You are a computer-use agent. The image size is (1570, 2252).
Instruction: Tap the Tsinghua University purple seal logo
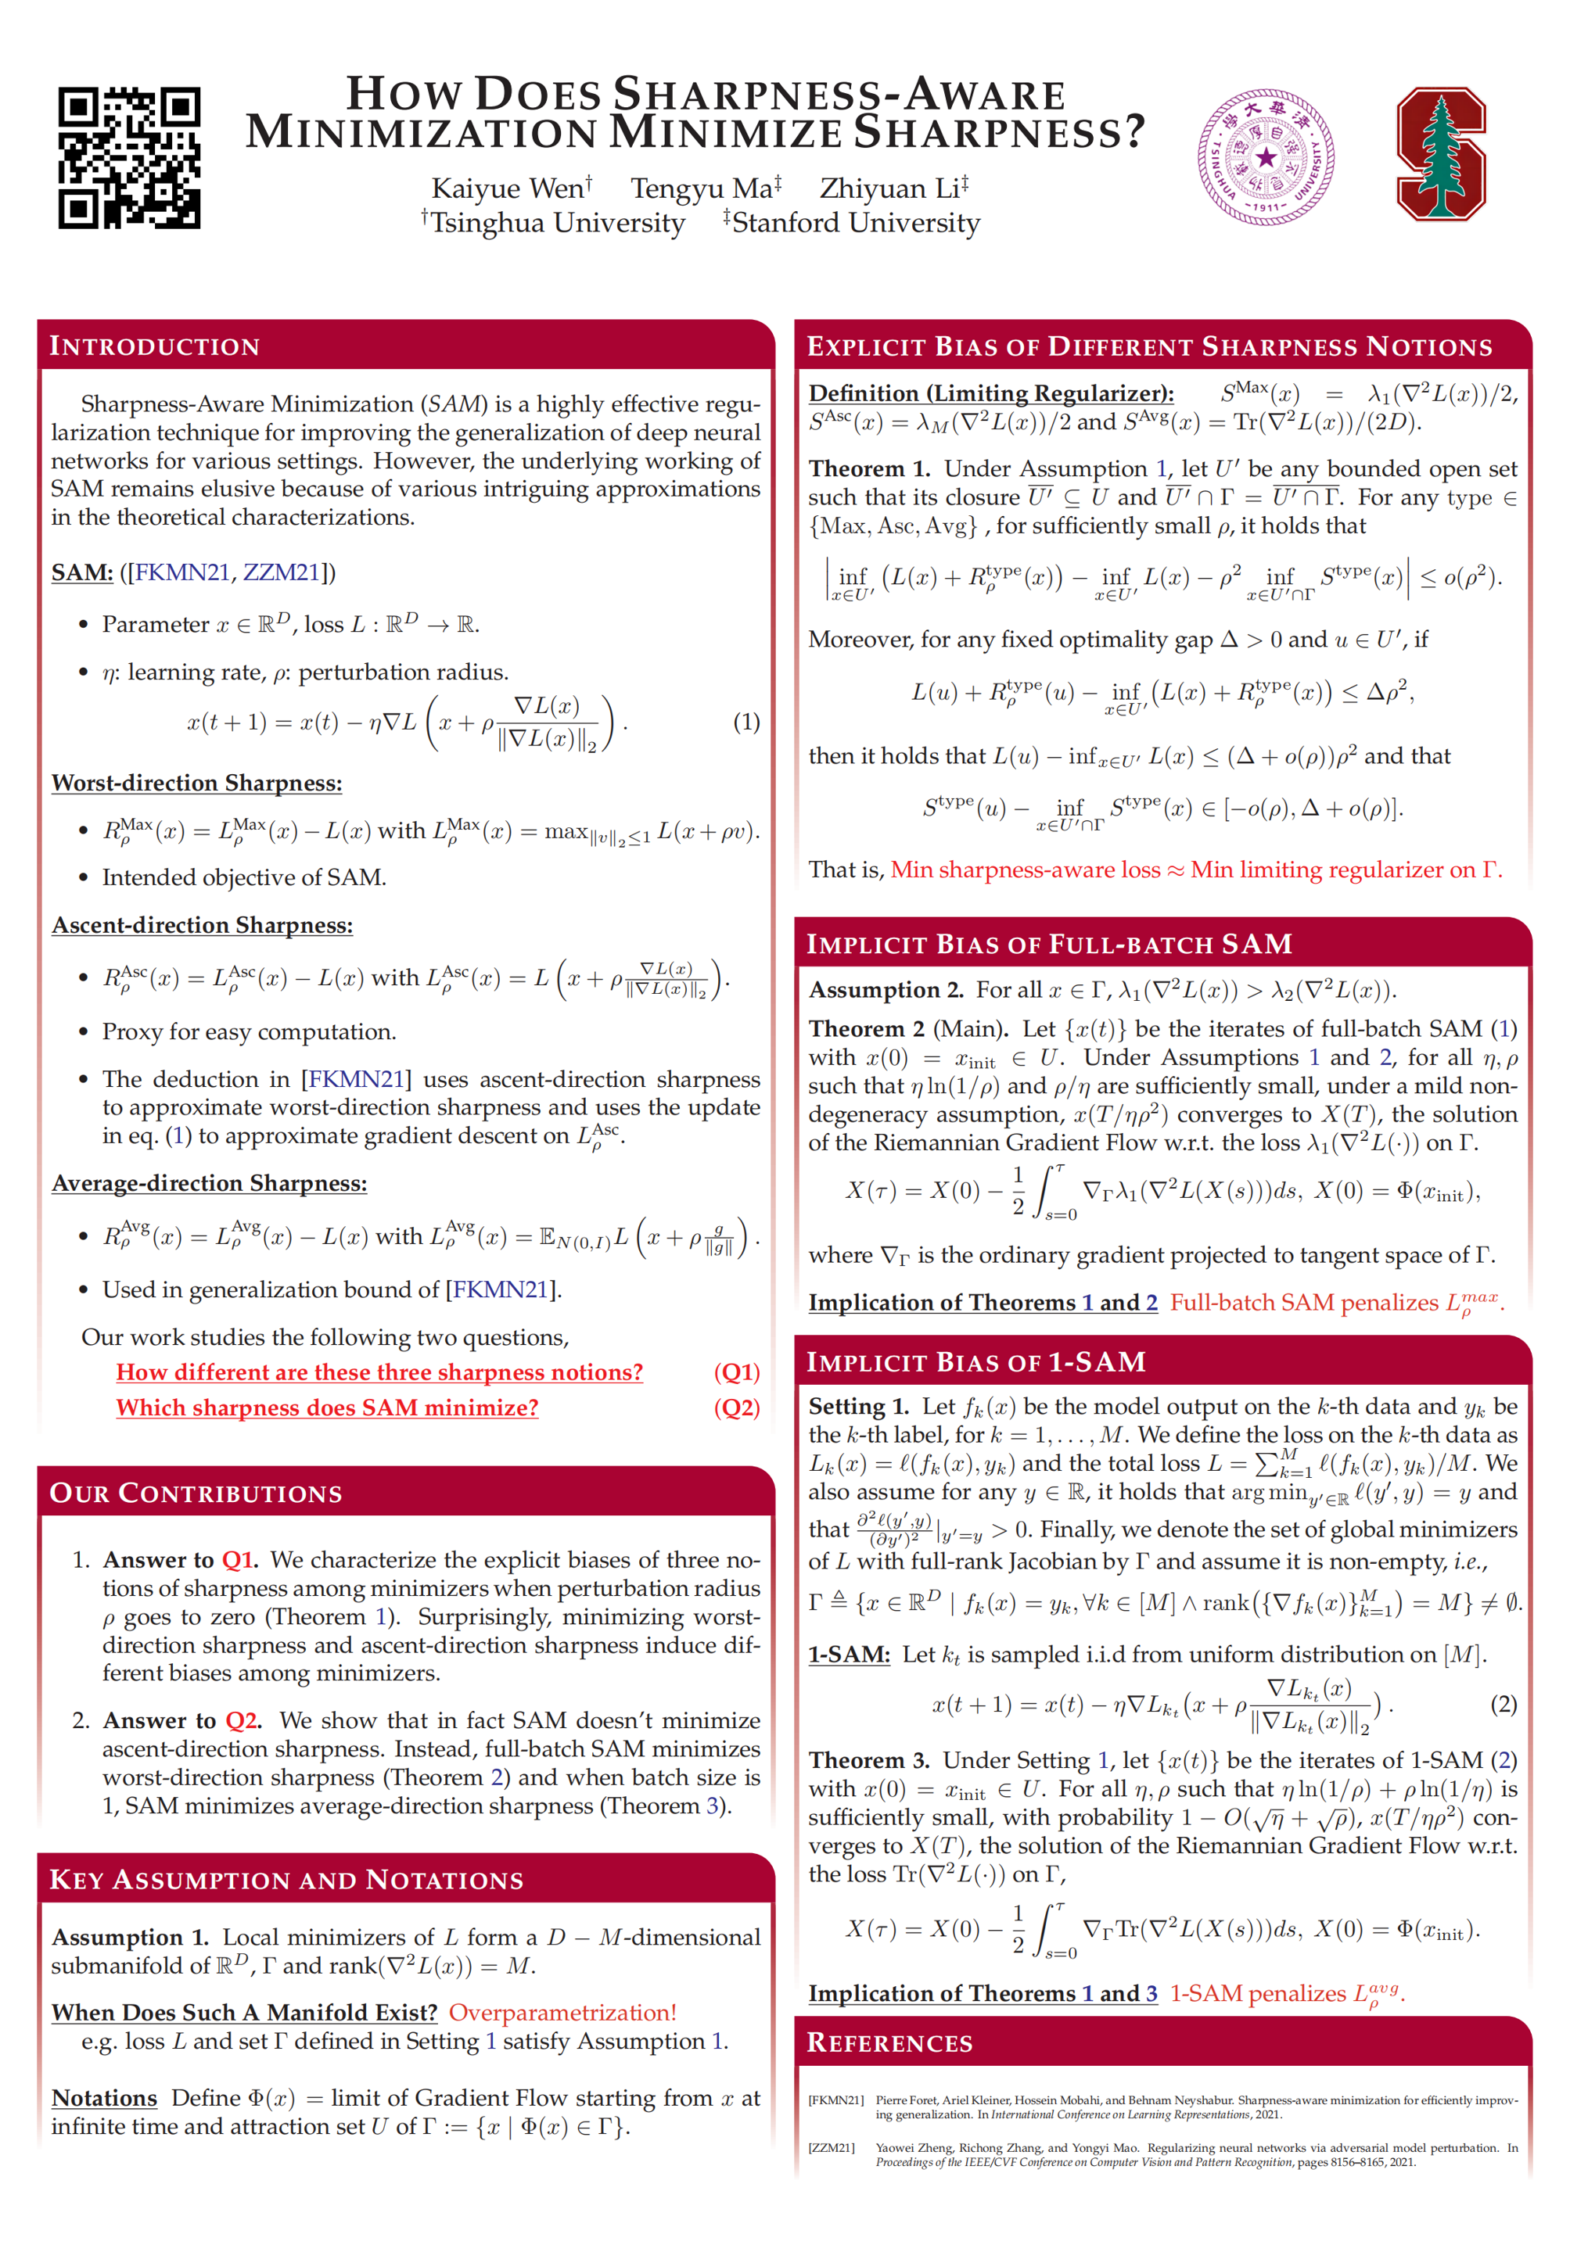pos(1265,157)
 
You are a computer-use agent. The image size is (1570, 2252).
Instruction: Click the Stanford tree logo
pos(1440,154)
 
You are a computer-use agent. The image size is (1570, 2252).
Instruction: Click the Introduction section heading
pos(155,346)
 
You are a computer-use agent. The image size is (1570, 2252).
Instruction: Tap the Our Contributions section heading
pos(196,1493)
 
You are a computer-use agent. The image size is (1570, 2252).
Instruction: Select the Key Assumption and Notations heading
pos(286,1879)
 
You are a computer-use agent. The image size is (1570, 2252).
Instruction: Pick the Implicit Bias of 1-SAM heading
pos(975,1361)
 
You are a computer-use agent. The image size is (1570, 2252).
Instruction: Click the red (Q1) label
pos(736,1372)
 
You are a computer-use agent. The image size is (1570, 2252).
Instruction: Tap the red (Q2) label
pos(736,1407)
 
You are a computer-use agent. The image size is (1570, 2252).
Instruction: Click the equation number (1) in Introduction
pos(745,722)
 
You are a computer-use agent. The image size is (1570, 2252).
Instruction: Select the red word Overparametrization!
pos(562,2012)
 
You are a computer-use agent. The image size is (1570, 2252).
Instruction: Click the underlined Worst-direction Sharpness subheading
pos(196,783)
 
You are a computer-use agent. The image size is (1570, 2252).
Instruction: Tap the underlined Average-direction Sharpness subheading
pos(209,1183)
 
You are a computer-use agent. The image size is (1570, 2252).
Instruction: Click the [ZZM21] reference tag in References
pos(831,2147)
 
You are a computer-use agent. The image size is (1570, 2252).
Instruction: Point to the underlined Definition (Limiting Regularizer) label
pos(991,393)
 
